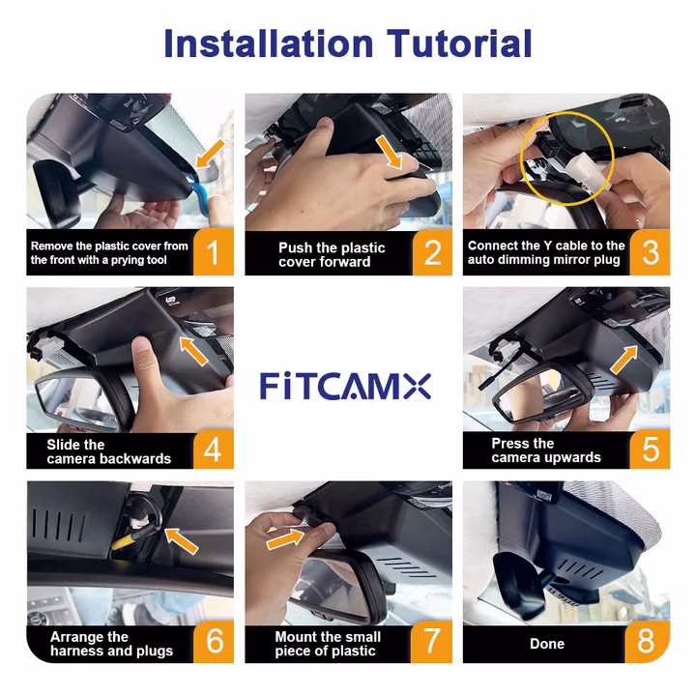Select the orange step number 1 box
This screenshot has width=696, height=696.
[x=214, y=253]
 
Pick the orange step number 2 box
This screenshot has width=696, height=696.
[x=432, y=253]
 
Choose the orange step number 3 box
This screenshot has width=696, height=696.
[x=651, y=253]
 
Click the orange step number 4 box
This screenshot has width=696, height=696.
[x=214, y=449]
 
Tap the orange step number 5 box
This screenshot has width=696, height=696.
[x=651, y=449]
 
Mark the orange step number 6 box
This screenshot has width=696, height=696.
[x=214, y=642]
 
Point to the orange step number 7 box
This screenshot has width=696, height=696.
[x=432, y=642]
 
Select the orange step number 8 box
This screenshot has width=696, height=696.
[x=651, y=642]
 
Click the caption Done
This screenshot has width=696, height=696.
[x=547, y=644]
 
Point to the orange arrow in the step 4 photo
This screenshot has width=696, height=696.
[x=194, y=350]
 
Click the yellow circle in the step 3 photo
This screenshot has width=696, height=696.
[x=561, y=155]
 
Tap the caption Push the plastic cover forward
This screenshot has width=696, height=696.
[x=331, y=254]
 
